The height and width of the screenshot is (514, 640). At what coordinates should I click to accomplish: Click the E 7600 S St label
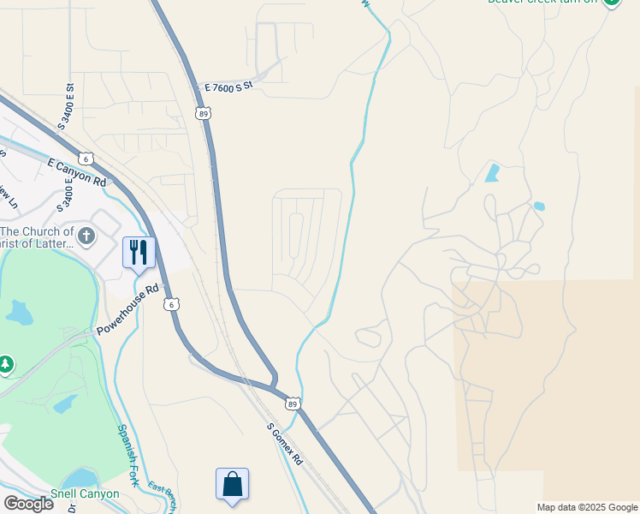pyautogui.click(x=229, y=87)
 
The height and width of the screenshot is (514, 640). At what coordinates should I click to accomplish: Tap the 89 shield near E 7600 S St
pyautogui.click(x=202, y=113)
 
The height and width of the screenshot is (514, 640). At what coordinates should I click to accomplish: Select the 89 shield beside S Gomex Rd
pyautogui.click(x=293, y=403)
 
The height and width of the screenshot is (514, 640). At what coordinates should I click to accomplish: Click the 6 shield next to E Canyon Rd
pyautogui.click(x=86, y=158)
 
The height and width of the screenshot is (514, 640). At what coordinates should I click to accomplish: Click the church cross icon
pyautogui.click(x=86, y=235)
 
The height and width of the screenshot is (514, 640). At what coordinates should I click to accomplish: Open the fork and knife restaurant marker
pyautogui.click(x=139, y=253)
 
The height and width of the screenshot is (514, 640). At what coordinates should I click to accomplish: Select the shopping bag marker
pyautogui.click(x=232, y=484)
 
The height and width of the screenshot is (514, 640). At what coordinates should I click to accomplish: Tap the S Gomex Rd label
pyautogui.click(x=284, y=444)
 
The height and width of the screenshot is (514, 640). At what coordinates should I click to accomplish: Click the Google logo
pyautogui.click(x=28, y=504)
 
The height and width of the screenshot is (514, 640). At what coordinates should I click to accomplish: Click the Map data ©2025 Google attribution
pyautogui.click(x=588, y=507)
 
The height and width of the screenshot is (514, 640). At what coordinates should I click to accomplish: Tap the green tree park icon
pyautogui.click(x=6, y=365)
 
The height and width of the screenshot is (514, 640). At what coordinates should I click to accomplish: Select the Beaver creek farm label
pyautogui.click(x=542, y=2)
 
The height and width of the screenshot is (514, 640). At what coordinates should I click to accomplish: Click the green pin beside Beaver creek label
pyautogui.click(x=611, y=3)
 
